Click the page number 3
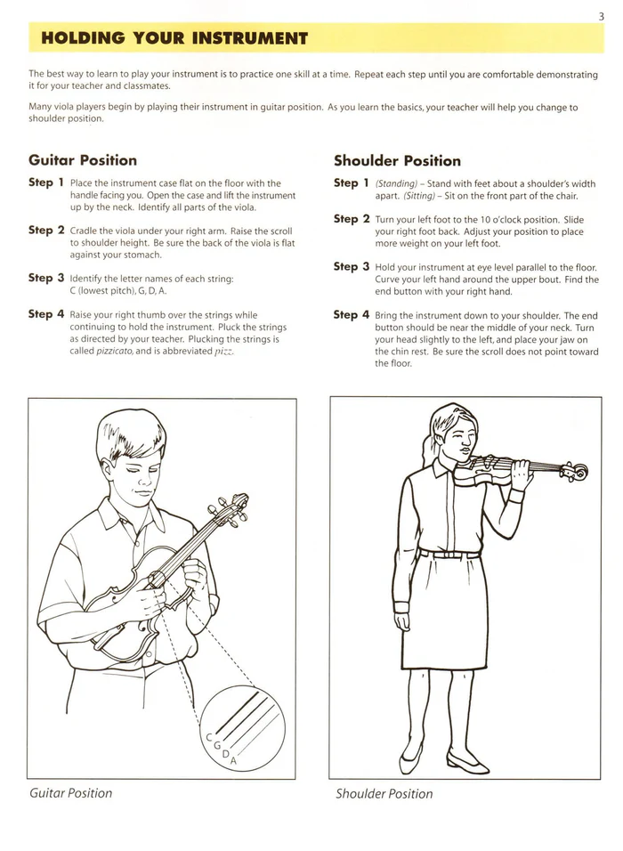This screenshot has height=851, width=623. point(603,15)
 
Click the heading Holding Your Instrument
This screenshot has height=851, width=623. point(174,38)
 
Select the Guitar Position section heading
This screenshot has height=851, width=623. point(83,160)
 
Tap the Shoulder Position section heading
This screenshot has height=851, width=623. point(397,161)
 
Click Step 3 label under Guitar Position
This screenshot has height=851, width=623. point(46,278)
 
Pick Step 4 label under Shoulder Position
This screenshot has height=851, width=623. point(352,314)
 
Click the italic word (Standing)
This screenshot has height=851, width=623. point(396,184)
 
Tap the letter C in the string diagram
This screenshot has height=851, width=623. point(209,738)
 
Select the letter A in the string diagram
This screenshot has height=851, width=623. point(233,762)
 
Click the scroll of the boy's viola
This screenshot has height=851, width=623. point(238,504)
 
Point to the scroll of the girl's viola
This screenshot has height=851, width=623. point(579,471)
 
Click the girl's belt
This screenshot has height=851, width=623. point(449,554)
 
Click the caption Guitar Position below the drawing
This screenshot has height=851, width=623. point(71,792)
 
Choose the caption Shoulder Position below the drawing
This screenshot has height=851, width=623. point(384,793)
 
